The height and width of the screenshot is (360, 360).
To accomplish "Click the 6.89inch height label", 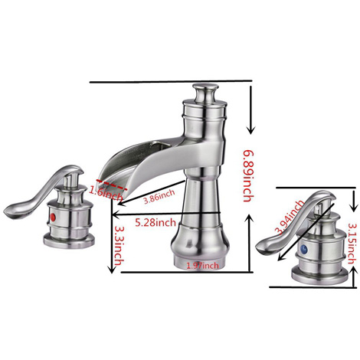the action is pos(248,176).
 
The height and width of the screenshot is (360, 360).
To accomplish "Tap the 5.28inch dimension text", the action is pos(155,222).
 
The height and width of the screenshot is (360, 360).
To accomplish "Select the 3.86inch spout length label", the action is pos(159,197).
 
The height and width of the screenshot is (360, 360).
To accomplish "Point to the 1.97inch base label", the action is pos(203,266).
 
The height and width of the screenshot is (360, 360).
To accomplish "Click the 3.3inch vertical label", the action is pos(119,245).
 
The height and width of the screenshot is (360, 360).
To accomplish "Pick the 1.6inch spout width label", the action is pos(106,192).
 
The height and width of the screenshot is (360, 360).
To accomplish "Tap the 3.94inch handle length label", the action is pos(290,218).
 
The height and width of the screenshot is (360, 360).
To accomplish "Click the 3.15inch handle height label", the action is pos(352,244).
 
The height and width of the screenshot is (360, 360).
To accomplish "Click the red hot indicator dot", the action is pos(53,217).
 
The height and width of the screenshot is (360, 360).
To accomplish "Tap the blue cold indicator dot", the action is pos(303,249).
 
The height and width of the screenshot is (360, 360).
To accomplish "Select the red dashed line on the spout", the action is pos(111,185).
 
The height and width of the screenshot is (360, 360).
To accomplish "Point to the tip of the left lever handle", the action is pos(5,211).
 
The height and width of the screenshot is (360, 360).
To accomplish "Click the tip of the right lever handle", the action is pos(258,247).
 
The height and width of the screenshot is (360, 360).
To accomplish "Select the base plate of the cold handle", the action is pos(320,275).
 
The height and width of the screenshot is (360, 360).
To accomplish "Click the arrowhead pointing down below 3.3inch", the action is pos(111,270).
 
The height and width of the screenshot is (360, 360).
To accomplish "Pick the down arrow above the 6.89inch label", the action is pos(251,110).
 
